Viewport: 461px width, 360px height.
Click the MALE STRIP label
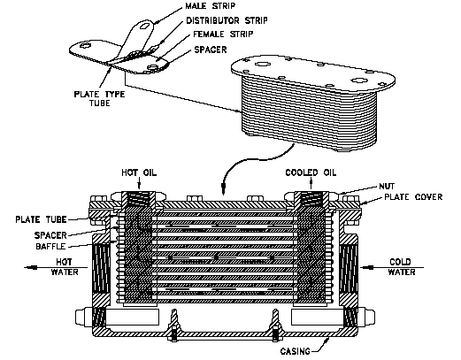click(211, 6)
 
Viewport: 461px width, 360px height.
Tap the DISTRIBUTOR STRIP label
click(227, 20)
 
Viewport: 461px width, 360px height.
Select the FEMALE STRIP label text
click(223, 34)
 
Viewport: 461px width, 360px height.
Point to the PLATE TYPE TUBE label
click(99, 98)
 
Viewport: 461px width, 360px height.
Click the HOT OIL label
click(139, 172)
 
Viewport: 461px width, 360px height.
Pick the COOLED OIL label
click(311, 172)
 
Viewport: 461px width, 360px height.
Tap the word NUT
click(387, 187)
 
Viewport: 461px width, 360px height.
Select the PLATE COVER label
click(413, 197)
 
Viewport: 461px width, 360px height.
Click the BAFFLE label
click(50, 246)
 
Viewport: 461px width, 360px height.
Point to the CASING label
click(296, 351)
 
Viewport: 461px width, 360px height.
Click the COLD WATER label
click(402, 267)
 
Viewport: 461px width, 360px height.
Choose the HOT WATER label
click(65, 267)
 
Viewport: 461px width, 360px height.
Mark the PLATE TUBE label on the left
click(41, 219)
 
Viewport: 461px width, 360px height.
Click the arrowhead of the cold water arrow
click(365, 267)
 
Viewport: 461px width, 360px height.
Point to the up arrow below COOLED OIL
click(311, 184)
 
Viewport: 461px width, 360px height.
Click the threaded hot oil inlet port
click(139, 199)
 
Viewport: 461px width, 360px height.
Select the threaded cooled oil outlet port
click(311, 199)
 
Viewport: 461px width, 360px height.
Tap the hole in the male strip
click(144, 27)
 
